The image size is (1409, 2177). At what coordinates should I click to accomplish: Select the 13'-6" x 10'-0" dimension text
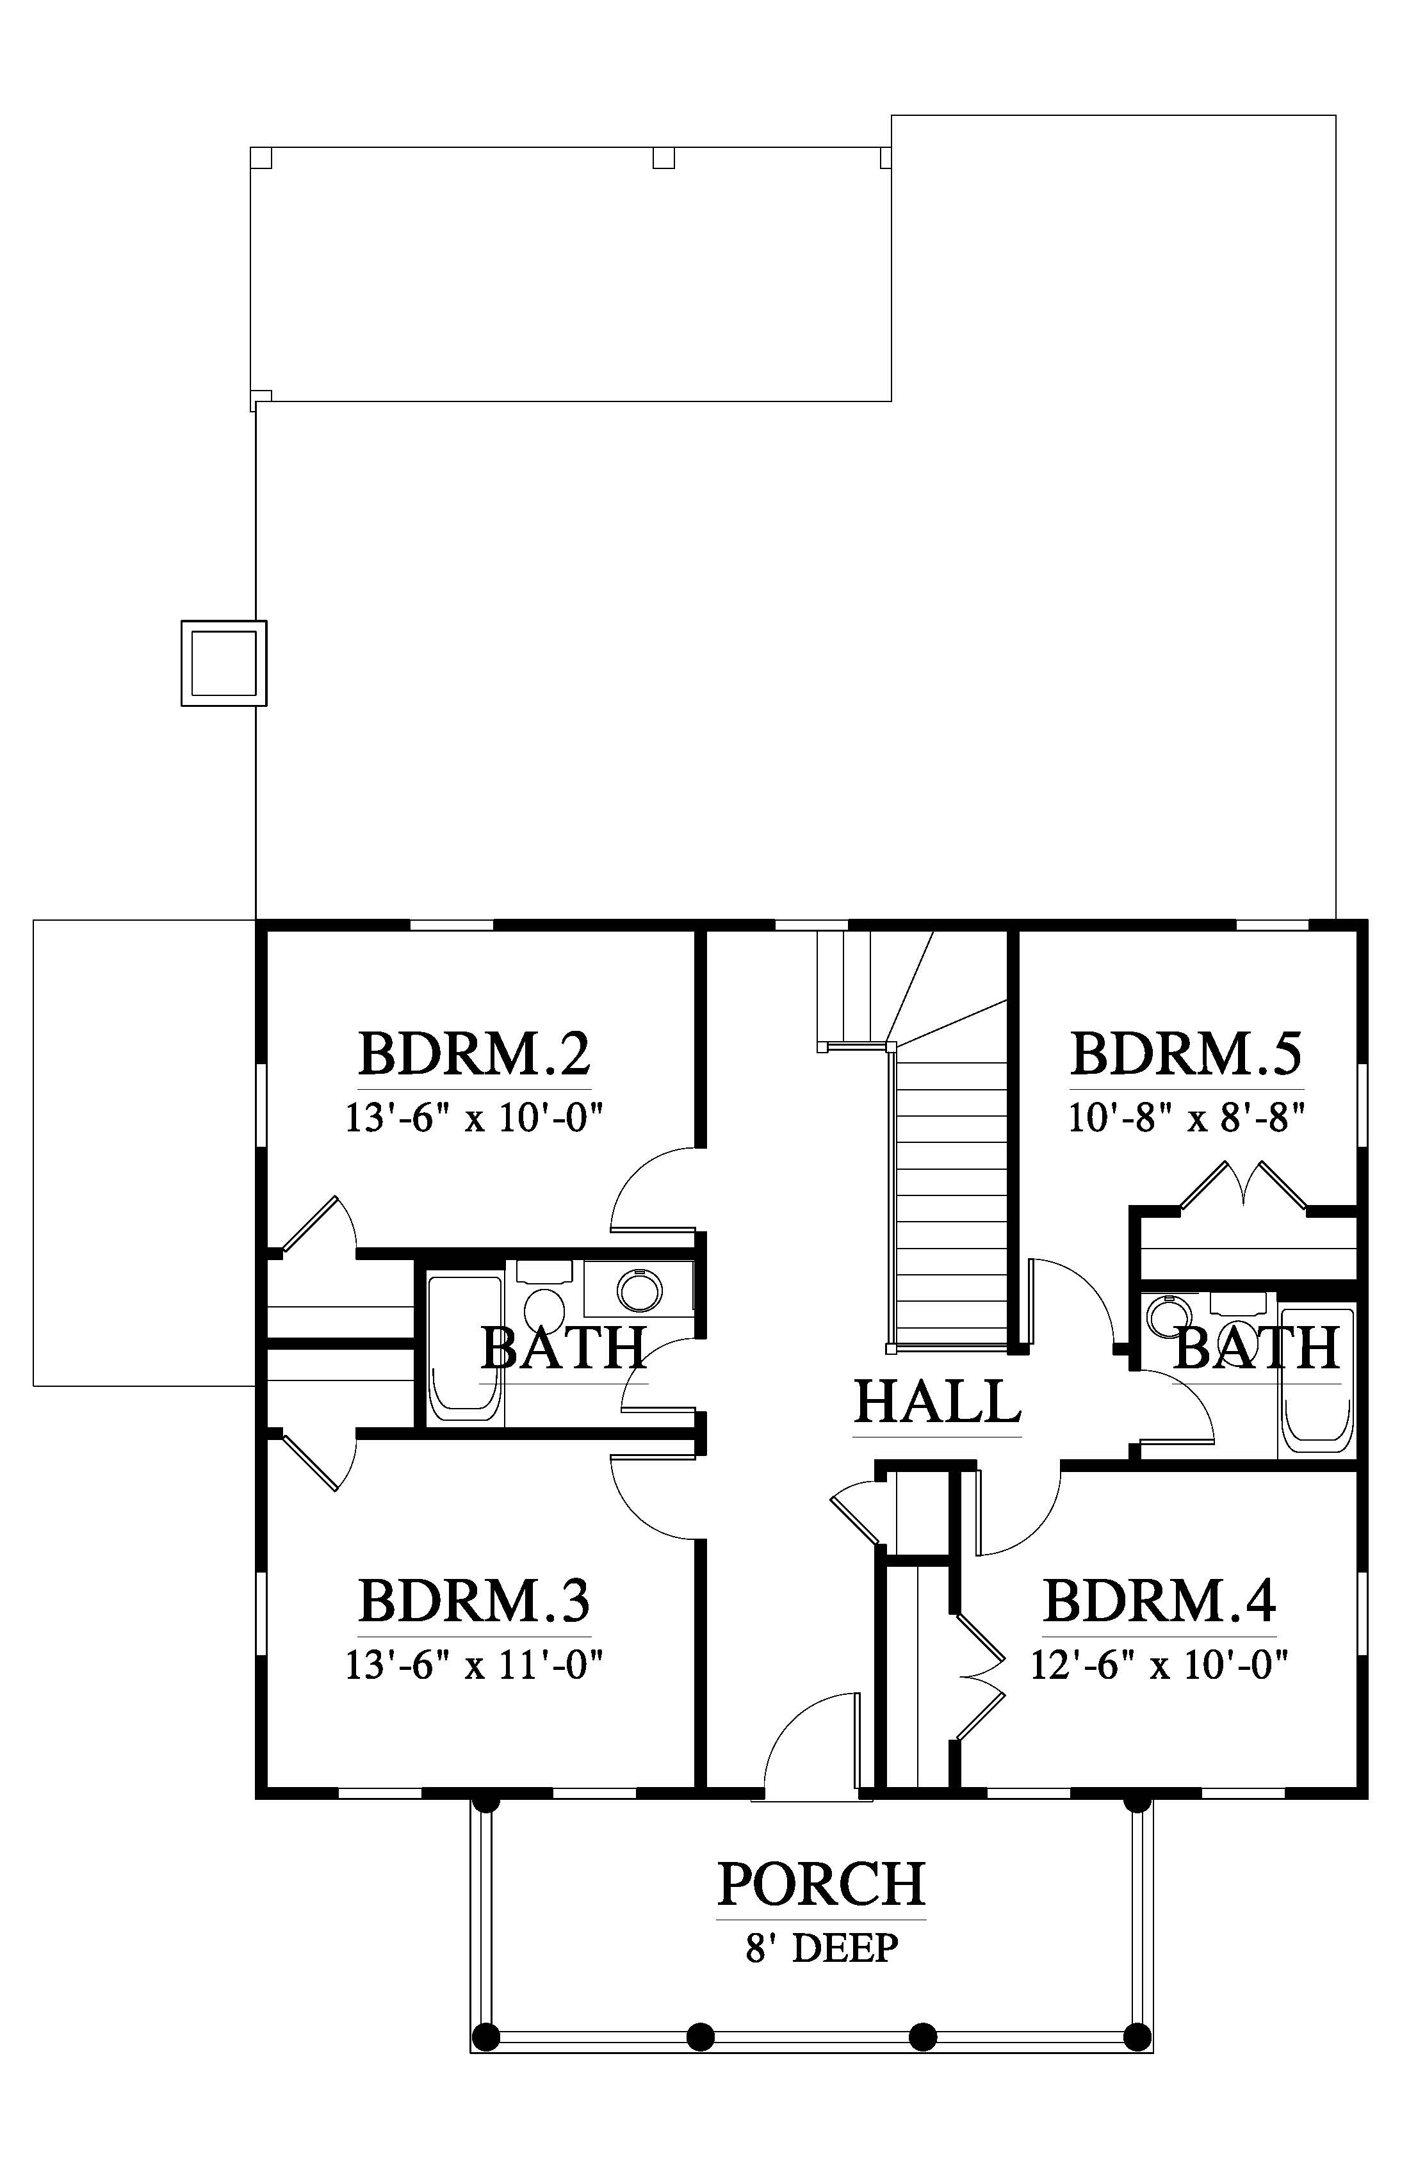point(474,1118)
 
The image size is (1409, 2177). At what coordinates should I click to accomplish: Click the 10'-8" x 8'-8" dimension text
point(1187,1118)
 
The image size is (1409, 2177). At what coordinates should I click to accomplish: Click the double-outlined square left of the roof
point(224,663)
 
